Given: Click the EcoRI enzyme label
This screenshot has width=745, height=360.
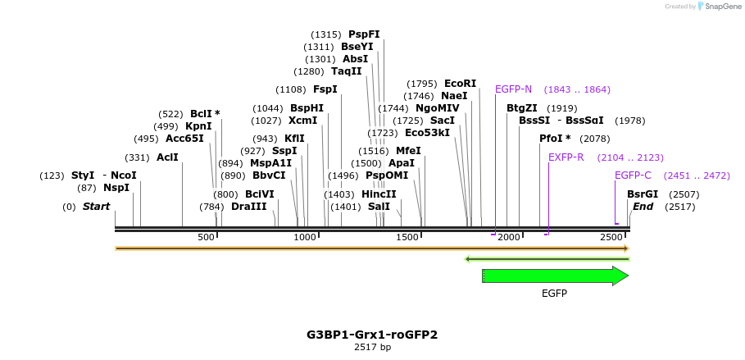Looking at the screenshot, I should click(x=460, y=84).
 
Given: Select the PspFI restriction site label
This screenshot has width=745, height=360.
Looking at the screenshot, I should click(x=364, y=34).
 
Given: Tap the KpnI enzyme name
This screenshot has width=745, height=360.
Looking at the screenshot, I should click(x=198, y=126).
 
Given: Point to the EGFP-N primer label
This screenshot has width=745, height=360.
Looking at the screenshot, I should click(x=513, y=89).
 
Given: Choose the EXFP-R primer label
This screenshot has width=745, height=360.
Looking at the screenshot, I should click(x=566, y=157).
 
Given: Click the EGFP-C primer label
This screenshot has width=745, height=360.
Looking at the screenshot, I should click(x=633, y=175).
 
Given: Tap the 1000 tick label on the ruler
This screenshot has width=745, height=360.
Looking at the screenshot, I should click(x=305, y=237).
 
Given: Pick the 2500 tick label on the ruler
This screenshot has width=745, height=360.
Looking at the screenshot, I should click(x=611, y=237).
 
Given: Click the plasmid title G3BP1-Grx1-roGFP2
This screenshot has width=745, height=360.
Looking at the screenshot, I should click(x=372, y=335).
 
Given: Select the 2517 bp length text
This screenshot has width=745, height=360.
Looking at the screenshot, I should click(x=372, y=348).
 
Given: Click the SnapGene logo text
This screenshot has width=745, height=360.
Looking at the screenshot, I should click(x=721, y=7).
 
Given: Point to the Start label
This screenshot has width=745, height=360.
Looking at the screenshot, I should click(x=96, y=207).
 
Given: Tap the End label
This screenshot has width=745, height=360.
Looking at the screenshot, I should click(x=643, y=207).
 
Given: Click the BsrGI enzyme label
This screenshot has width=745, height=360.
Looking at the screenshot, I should click(x=643, y=194).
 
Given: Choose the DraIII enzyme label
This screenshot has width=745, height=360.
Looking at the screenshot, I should click(x=248, y=207).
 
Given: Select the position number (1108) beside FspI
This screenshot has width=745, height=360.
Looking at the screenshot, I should click(x=291, y=89).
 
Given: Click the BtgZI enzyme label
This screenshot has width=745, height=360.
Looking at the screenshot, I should click(x=522, y=108).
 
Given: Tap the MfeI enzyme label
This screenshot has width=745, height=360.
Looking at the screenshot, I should click(x=408, y=151).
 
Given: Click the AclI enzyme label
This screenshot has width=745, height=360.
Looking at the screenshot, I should click(x=167, y=157).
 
